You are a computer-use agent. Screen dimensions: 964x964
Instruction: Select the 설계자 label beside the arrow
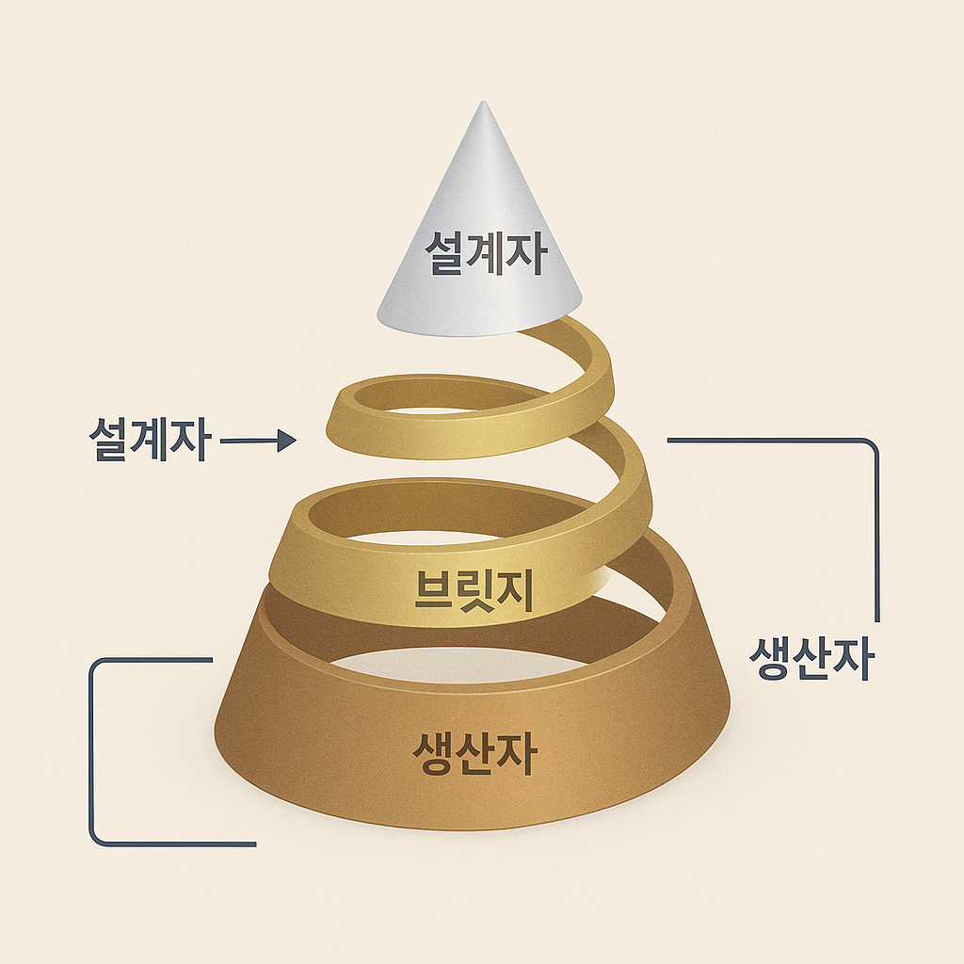(x=148, y=439)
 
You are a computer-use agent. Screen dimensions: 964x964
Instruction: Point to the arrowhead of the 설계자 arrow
(x=287, y=440)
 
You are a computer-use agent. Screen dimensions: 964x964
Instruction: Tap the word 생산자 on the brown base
(x=474, y=752)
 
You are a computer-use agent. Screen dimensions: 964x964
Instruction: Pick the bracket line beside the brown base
(x=92, y=753)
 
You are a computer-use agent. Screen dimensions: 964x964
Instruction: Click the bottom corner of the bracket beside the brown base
(x=96, y=838)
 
